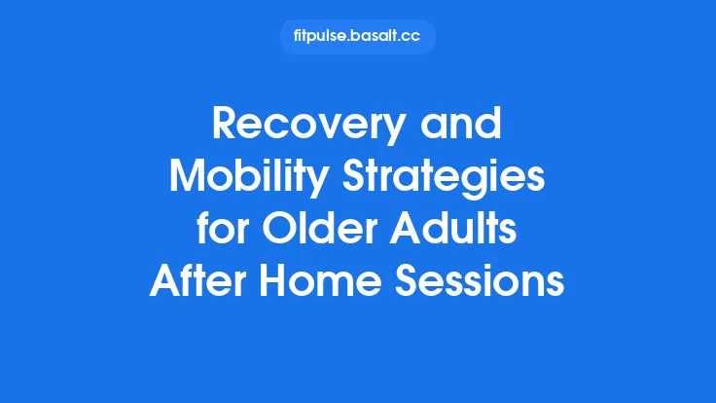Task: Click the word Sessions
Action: pos(482,282)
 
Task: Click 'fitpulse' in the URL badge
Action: pos(318,37)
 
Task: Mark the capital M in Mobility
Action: pos(188,179)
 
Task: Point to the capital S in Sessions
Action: pos(410,282)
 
